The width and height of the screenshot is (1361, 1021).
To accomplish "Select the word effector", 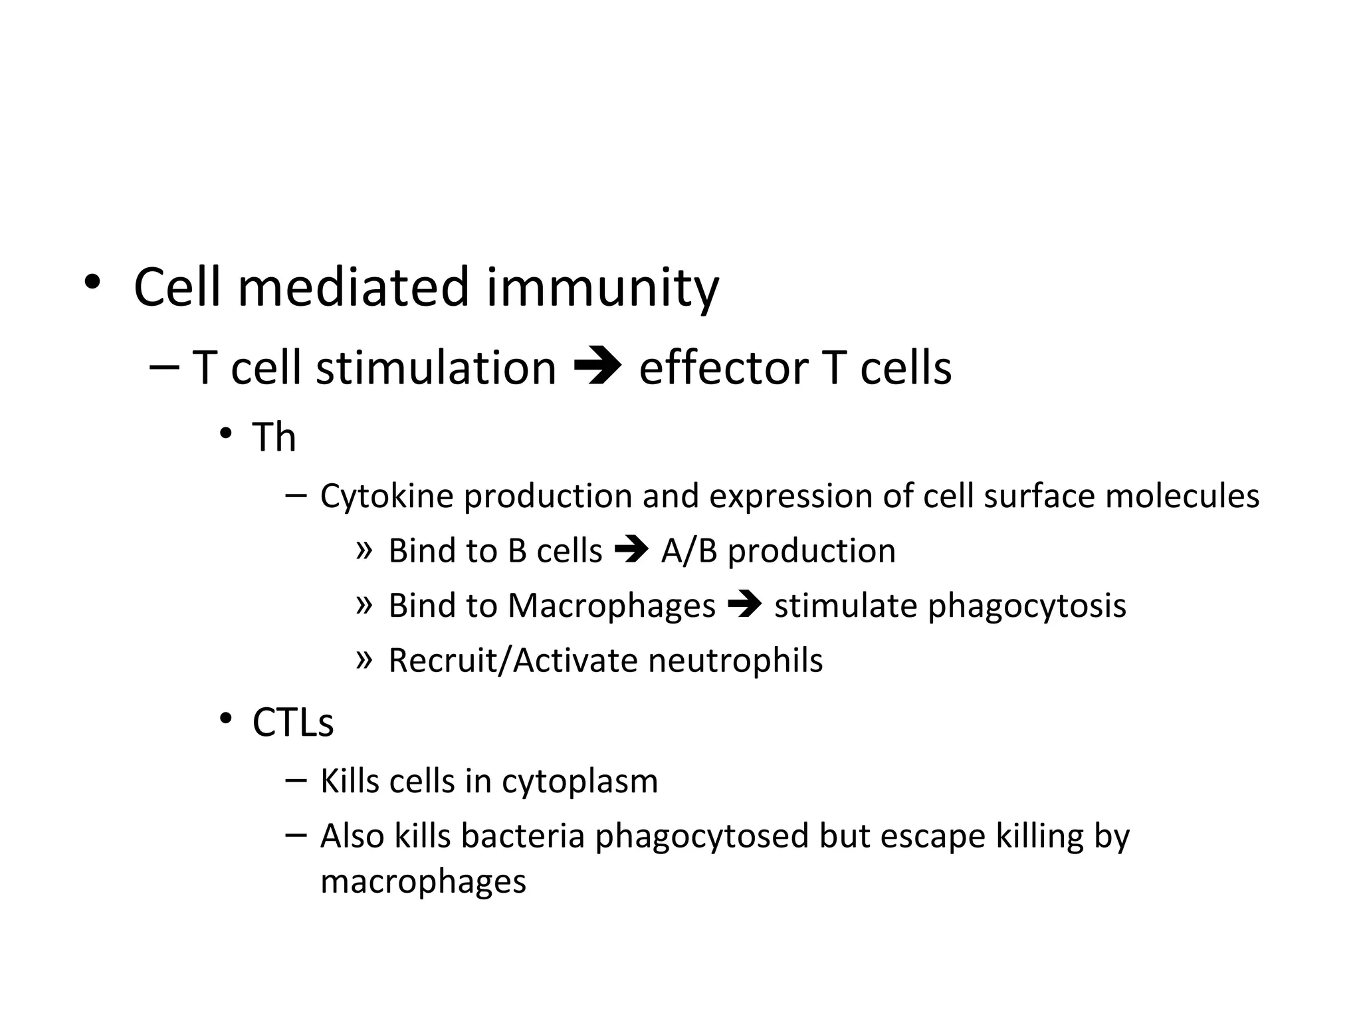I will [723, 368].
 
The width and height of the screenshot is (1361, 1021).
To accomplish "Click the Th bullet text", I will [274, 437].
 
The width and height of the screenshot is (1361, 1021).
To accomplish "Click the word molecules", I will [1182, 496].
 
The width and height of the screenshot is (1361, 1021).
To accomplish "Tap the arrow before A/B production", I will [631, 550].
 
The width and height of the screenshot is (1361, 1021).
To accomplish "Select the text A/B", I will [688, 551].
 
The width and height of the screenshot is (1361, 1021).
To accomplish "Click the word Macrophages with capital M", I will [611, 606].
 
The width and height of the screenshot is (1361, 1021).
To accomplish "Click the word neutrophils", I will [735, 661].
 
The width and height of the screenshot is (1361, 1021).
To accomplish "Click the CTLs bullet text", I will [292, 723].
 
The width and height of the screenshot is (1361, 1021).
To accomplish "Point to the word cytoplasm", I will [579, 782].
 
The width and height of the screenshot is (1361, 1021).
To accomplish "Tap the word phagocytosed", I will [702, 836].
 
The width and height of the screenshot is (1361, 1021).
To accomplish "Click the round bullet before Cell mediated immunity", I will [92, 283].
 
